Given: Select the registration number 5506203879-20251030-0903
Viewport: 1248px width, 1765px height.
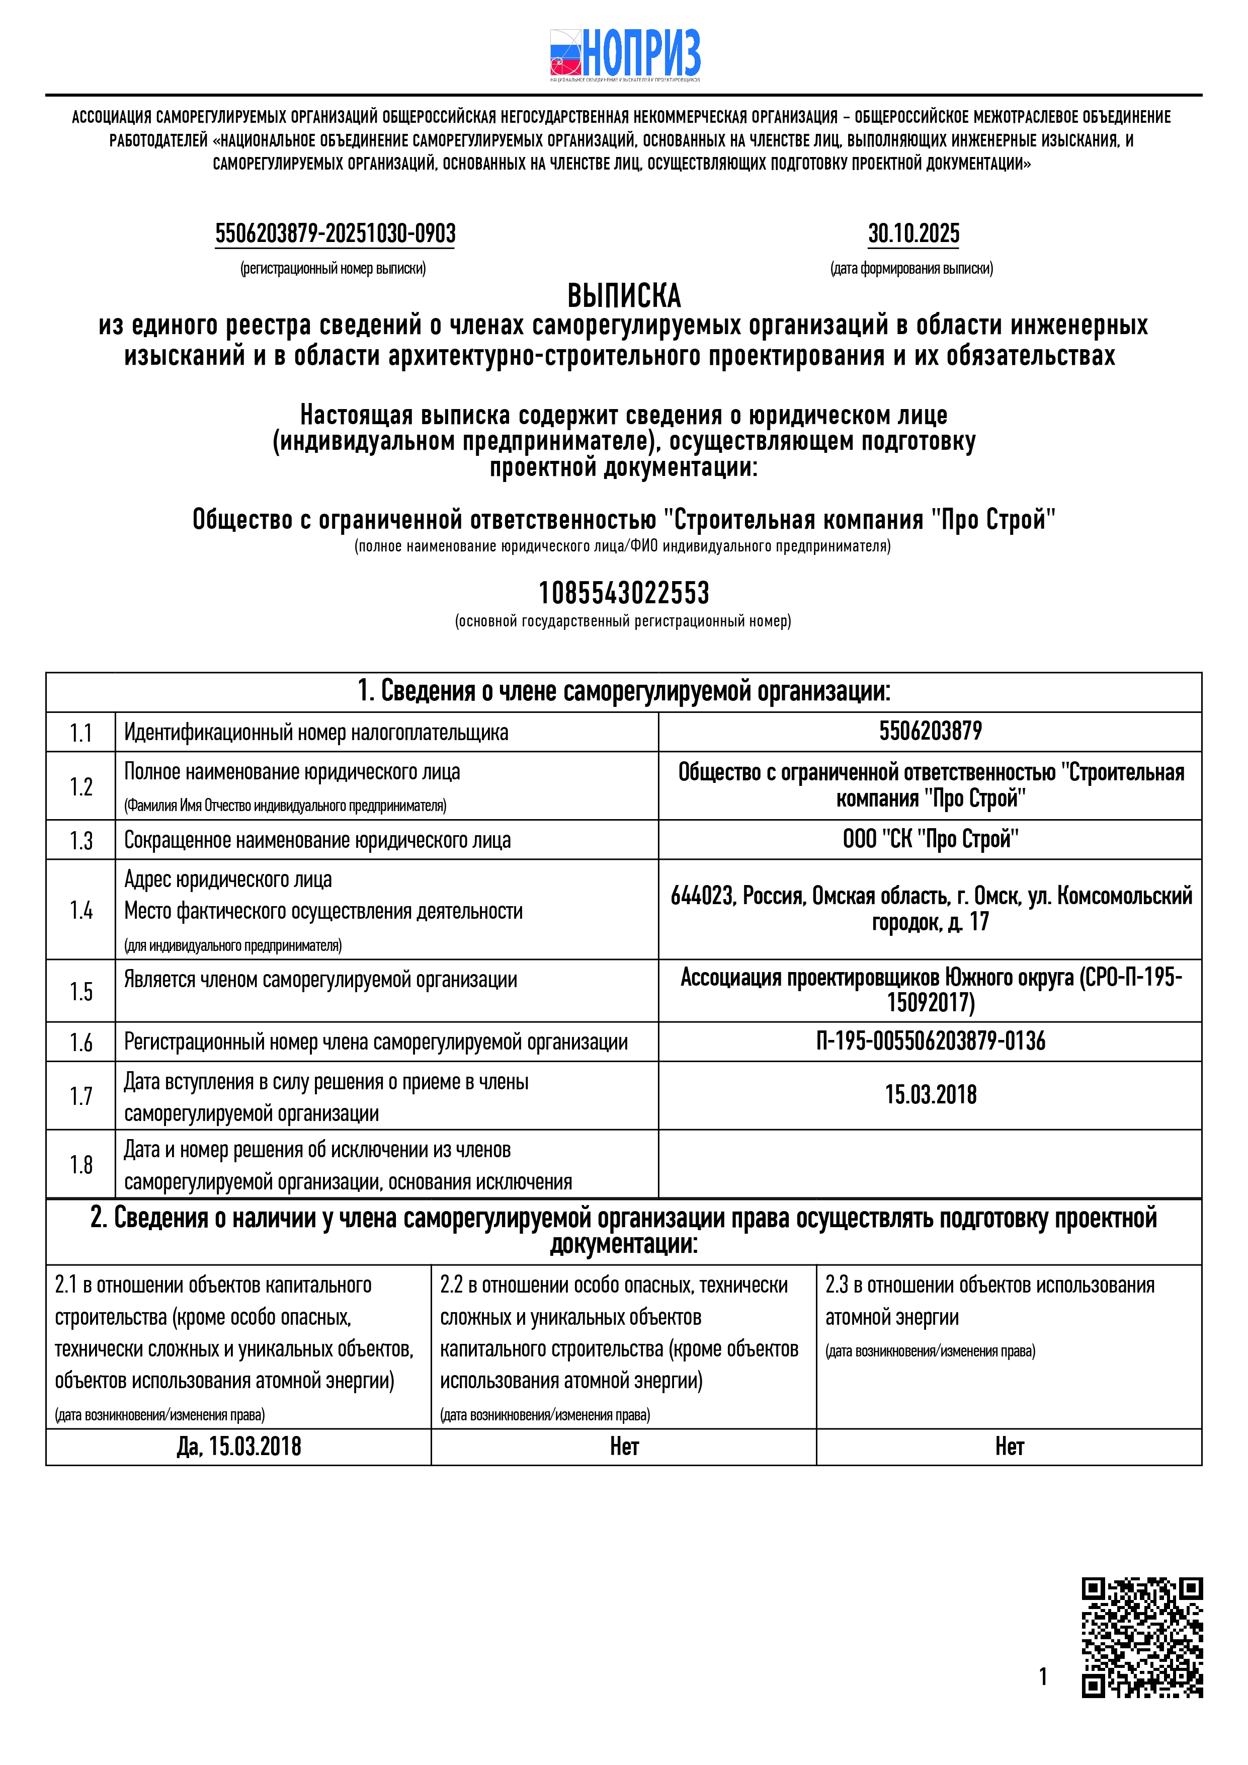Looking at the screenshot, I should (335, 233).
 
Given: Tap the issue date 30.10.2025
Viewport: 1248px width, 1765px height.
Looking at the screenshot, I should (913, 233).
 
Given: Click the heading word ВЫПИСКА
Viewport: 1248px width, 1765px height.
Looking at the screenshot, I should (624, 296).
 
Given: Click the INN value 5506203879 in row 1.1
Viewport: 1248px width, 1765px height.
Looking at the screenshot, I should (930, 731).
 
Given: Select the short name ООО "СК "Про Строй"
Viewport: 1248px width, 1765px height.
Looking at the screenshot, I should (930, 839).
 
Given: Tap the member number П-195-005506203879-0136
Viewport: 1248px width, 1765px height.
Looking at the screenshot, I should (930, 1041).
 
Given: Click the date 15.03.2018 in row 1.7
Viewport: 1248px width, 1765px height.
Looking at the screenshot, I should (930, 1095).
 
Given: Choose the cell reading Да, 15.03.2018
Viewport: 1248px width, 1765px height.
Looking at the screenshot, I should (238, 1447).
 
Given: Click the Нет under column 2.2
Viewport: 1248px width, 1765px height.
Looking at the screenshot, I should (624, 1447).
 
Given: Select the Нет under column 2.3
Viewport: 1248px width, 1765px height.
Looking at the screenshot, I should (1009, 1447).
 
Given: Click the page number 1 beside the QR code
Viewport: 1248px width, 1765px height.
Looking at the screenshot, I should (1043, 1676).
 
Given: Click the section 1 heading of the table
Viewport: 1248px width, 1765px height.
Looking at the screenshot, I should (623, 692).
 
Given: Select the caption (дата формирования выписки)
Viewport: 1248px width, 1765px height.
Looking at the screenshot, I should (911, 268).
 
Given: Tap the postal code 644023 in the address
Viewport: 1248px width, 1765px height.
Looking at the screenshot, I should (702, 897).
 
